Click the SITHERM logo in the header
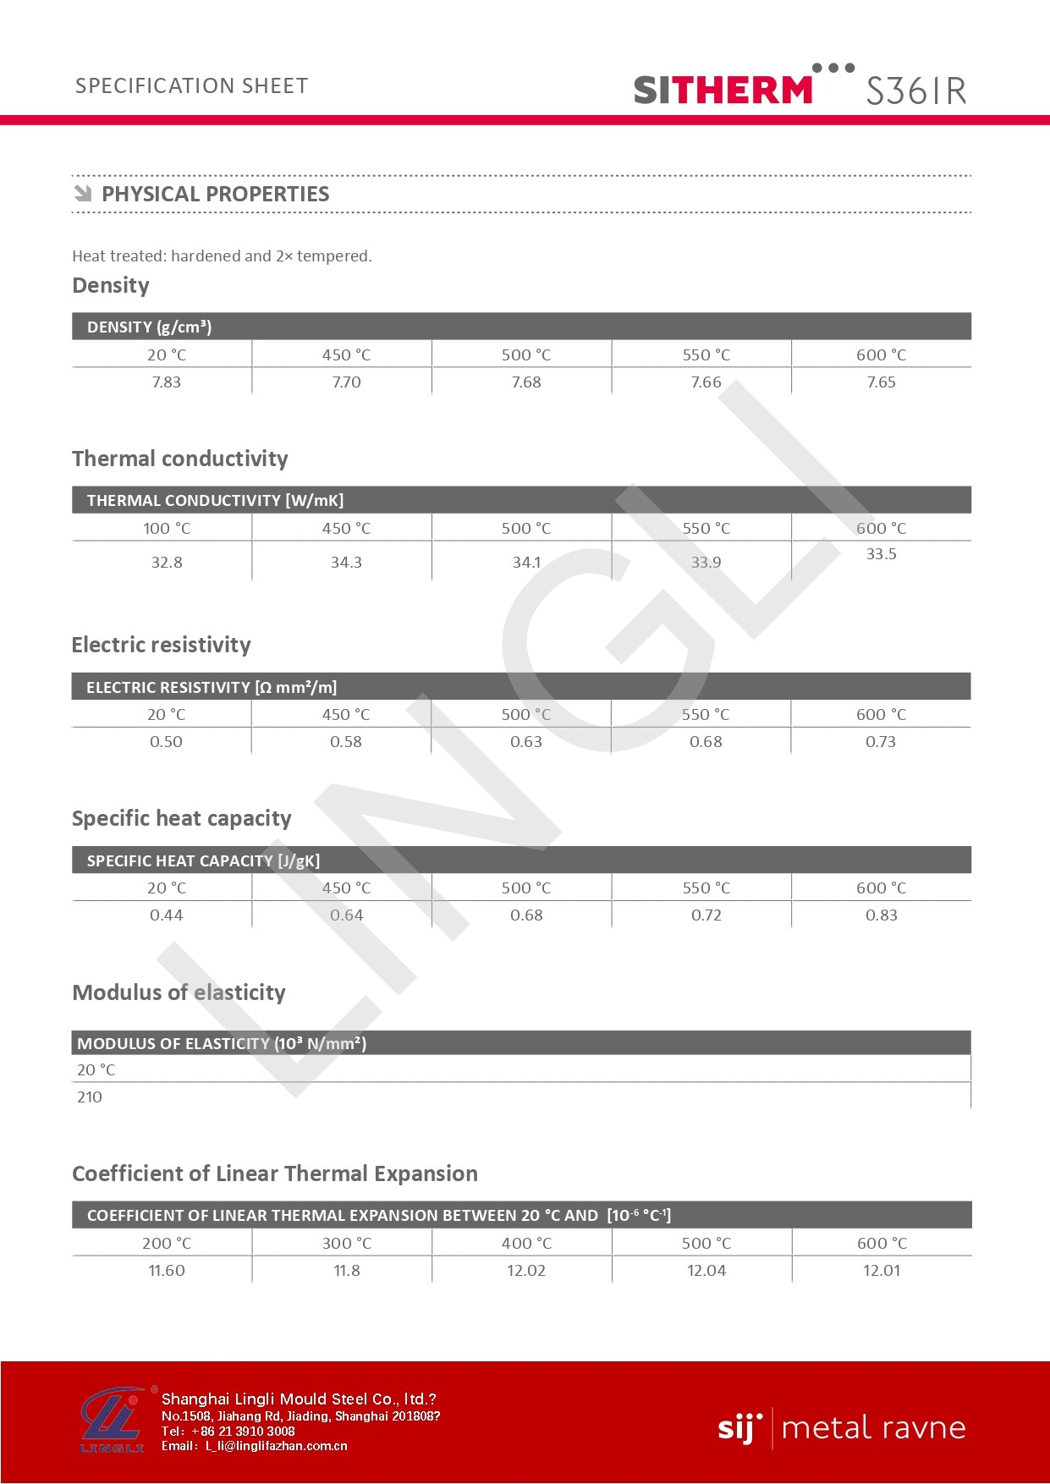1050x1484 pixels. (723, 89)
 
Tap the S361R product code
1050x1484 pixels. (915, 91)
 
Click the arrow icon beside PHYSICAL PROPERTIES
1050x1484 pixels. (83, 194)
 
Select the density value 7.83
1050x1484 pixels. (167, 382)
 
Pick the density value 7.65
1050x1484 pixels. (881, 382)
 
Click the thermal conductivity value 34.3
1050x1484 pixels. (346, 563)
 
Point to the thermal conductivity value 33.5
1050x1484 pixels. (881, 554)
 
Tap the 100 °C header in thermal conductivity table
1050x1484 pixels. (167, 529)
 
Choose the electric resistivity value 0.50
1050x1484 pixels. (166, 742)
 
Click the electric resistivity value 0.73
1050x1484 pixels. (880, 742)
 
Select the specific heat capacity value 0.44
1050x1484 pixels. (166, 915)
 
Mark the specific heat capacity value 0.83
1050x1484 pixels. (881, 915)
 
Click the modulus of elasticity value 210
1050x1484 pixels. (90, 1097)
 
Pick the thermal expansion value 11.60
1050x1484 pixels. (167, 1271)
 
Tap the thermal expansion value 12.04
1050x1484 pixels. (706, 1271)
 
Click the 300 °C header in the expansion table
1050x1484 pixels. (347, 1244)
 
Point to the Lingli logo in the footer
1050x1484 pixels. (113, 1421)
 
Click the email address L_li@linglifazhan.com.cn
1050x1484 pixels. (276, 1446)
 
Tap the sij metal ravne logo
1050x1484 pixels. (841, 1428)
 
